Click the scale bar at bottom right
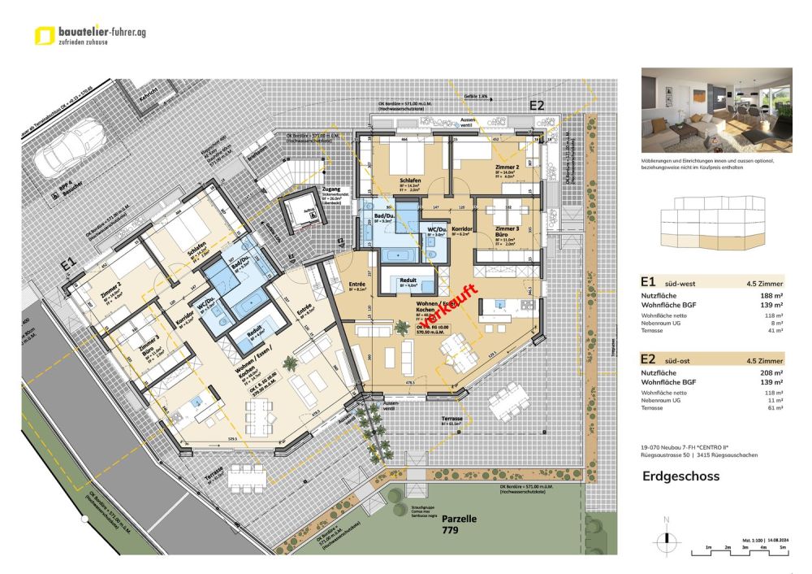click(x=736, y=553)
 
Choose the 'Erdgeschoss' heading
click(x=680, y=476)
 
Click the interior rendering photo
click(x=716, y=111)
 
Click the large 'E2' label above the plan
click(x=537, y=105)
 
